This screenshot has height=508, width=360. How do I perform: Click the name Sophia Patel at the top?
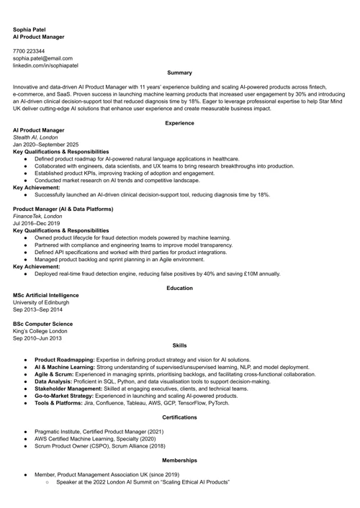point(29,29)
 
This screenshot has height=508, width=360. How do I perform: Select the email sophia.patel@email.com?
point(42,58)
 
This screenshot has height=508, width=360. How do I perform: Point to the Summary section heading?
point(179,73)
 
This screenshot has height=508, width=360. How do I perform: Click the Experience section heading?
point(179,123)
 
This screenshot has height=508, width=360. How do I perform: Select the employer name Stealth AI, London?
point(35,137)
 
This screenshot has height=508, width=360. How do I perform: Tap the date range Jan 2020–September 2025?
point(46,145)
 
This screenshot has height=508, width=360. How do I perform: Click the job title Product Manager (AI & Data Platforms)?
point(63,209)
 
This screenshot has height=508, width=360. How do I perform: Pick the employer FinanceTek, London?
point(37,216)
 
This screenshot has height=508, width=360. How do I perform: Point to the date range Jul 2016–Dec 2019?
point(36,223)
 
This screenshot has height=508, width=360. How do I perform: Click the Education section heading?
point(179,288)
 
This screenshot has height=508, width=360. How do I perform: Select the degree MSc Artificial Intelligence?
point(46,295)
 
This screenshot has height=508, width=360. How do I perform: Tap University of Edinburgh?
point(41,302)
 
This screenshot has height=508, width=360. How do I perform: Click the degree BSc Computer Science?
point(42,324)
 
